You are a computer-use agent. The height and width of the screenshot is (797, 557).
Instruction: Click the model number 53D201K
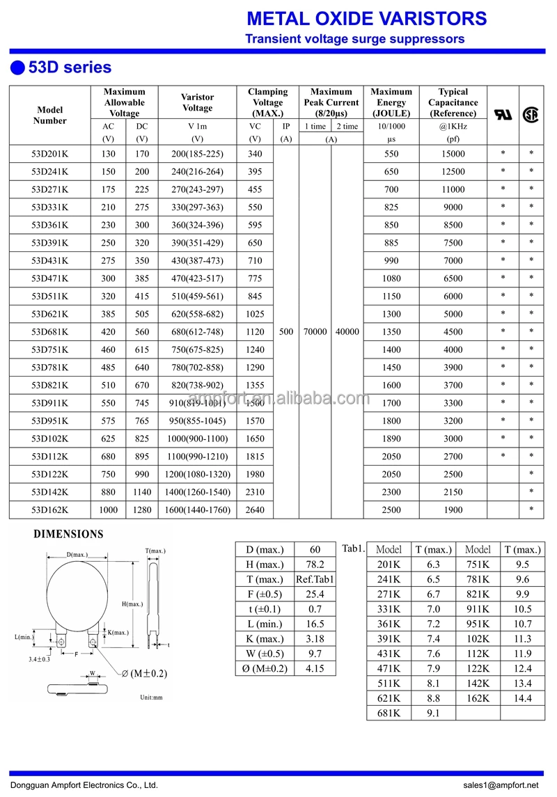point(49,154)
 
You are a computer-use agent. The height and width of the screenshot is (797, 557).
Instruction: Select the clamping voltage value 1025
point(255,314)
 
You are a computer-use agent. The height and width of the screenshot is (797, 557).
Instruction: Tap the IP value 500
point(286,332)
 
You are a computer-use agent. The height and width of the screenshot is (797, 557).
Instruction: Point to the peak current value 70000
point(315,332)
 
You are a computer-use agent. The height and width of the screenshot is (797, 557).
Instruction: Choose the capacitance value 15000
point(453,154)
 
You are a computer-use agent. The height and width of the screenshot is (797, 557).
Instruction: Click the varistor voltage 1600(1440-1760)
point(197,510)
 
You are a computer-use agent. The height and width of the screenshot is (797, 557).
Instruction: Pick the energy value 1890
point(391,439)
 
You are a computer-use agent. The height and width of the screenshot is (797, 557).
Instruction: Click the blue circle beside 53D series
point(17,68)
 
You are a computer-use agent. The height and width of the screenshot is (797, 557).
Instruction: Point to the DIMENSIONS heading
point(69,535)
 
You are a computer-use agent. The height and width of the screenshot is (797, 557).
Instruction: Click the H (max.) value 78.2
point(315,565)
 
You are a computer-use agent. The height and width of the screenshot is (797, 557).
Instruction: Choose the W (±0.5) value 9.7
point(315,654)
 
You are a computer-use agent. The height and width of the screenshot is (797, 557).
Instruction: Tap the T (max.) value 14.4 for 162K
point(523,698)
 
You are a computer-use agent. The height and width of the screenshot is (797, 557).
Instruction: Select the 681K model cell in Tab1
point(389,713)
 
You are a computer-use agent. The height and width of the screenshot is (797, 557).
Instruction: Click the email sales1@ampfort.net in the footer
point(500,785)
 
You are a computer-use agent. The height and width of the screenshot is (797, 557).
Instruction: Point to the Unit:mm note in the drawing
point(151,697)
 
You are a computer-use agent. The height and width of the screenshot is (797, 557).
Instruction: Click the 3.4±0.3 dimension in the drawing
point(39,658)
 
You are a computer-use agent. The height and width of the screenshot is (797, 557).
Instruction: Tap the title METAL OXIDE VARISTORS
point(367,18)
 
